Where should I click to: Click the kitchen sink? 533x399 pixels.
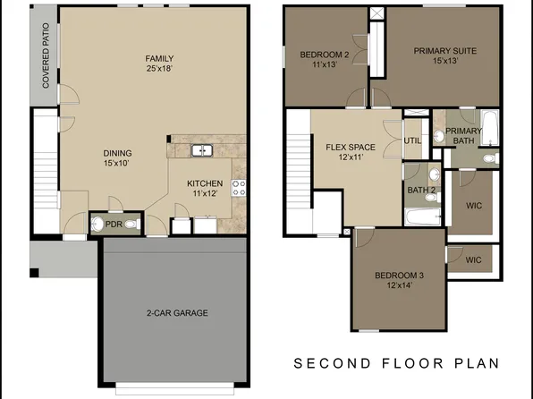203,150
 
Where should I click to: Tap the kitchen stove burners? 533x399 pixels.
239,188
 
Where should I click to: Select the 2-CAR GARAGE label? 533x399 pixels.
177,313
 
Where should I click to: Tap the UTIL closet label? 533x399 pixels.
412,141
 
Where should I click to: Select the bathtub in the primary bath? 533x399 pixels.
488,128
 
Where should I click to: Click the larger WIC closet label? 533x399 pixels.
474,205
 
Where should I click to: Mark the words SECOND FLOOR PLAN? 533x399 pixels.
397,364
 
